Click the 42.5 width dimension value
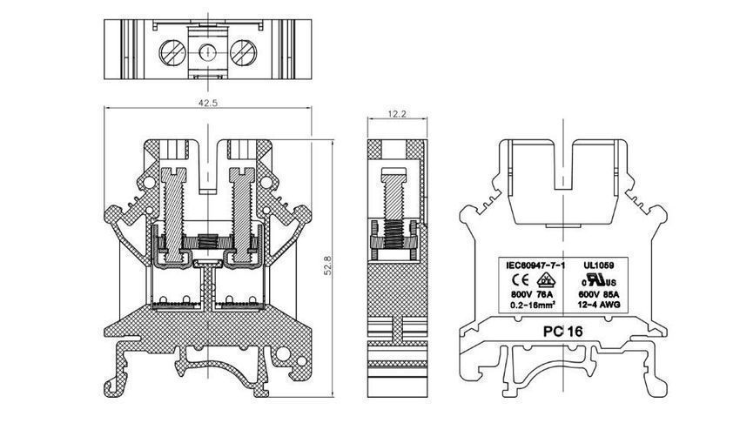(x=207, y=103)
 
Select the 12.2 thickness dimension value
(x=396, y=114)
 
